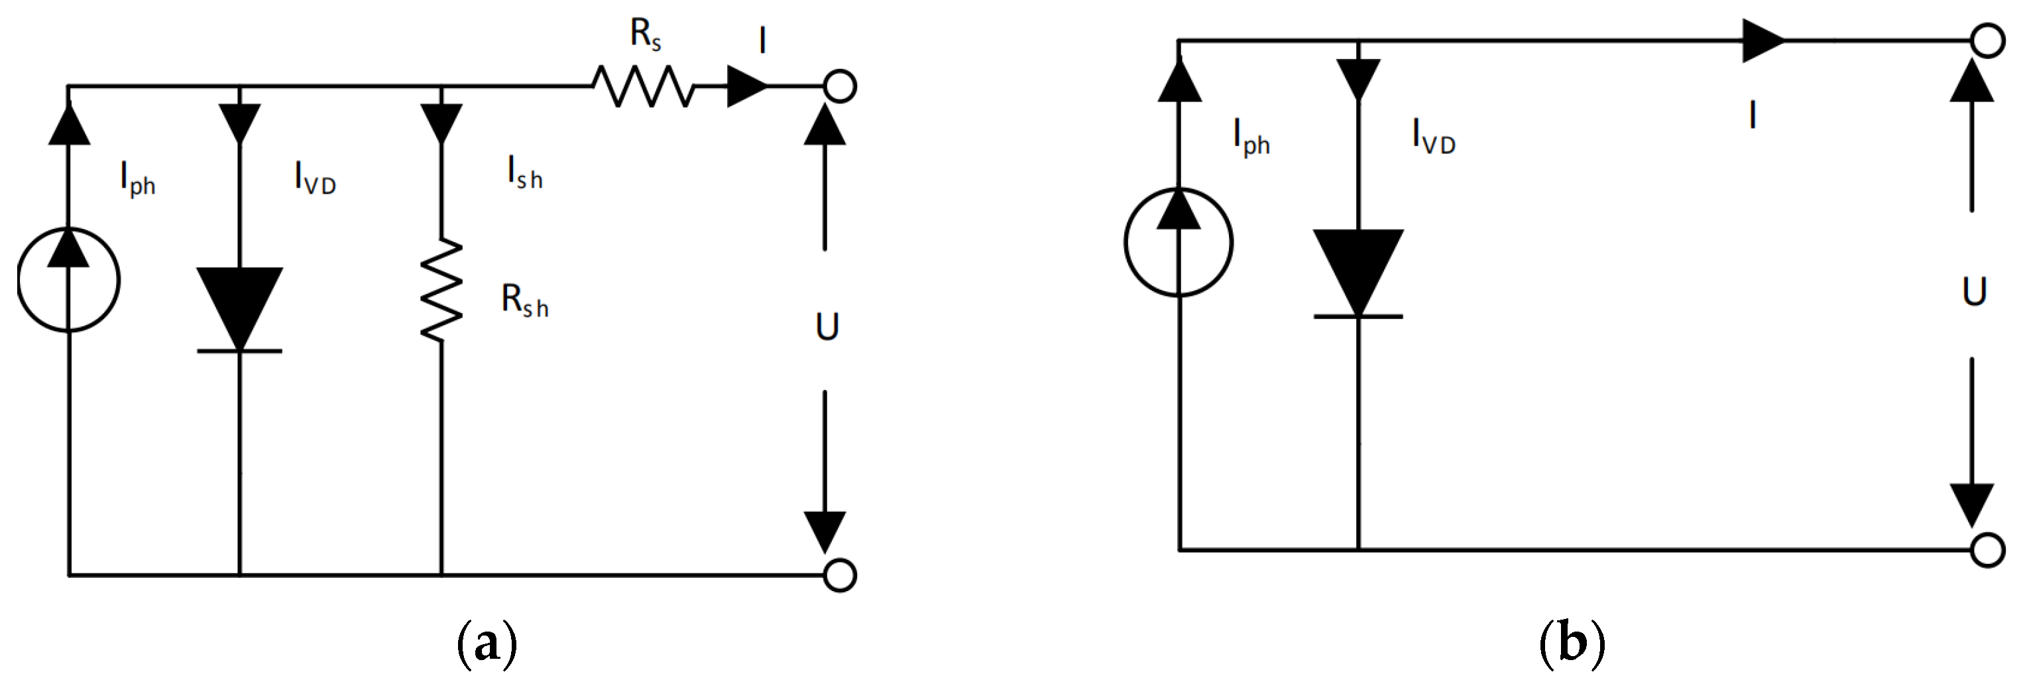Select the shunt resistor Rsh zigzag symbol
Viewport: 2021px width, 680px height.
441,290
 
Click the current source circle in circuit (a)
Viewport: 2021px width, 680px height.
69,279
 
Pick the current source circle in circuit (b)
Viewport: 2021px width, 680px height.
1179,242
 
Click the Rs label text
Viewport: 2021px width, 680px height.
646,34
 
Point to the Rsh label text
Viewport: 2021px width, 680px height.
525,301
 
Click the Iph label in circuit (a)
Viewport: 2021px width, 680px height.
137,178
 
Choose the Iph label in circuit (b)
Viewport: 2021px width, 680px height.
1251,137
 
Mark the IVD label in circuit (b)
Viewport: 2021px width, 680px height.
1433,137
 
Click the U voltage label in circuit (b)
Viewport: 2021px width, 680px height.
1974,291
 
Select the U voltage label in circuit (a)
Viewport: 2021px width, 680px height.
827,326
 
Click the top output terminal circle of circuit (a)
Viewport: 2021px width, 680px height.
839,86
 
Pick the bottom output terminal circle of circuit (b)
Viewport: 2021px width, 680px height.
1987,550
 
